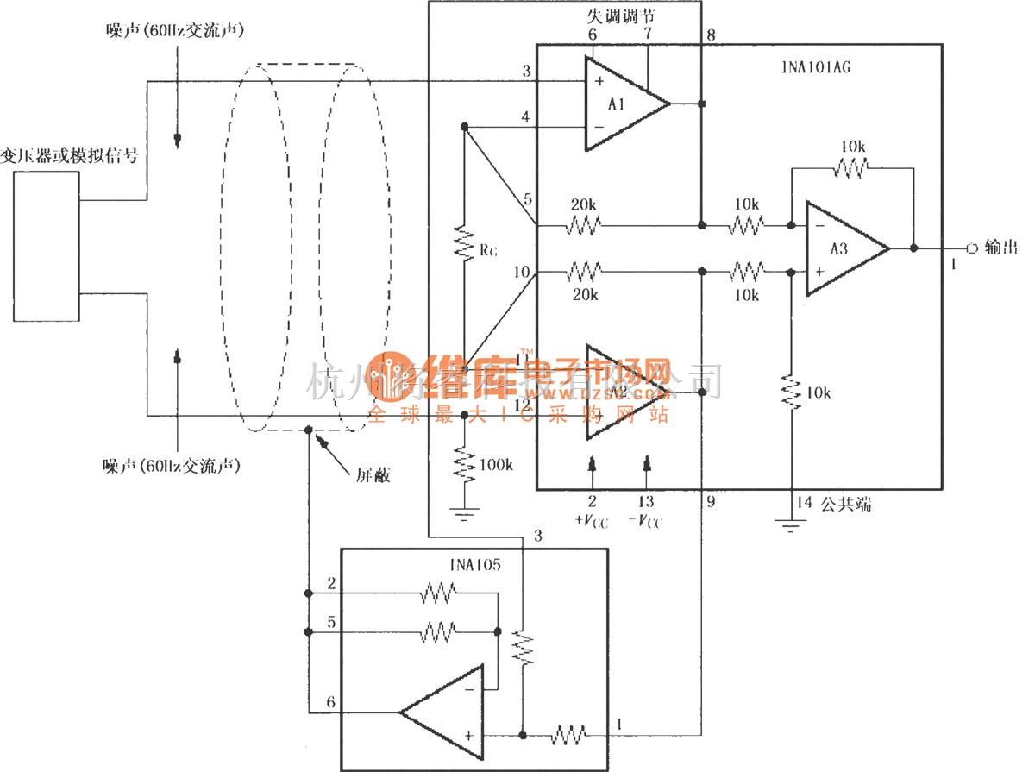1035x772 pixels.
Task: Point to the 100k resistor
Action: (x=465, y=464)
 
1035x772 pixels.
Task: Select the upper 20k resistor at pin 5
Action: (x=583, y=225)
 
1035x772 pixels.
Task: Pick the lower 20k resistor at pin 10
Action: (x=583, y=273)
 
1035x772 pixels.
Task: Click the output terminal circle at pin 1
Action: (x=972, y=248)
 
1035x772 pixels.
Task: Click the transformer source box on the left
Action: (x=47, y=247)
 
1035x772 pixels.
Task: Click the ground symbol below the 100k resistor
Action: (x=465, y=515)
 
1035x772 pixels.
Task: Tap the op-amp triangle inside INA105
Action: (x=443, y=712)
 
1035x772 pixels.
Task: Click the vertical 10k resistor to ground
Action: (x=791, y=392)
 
